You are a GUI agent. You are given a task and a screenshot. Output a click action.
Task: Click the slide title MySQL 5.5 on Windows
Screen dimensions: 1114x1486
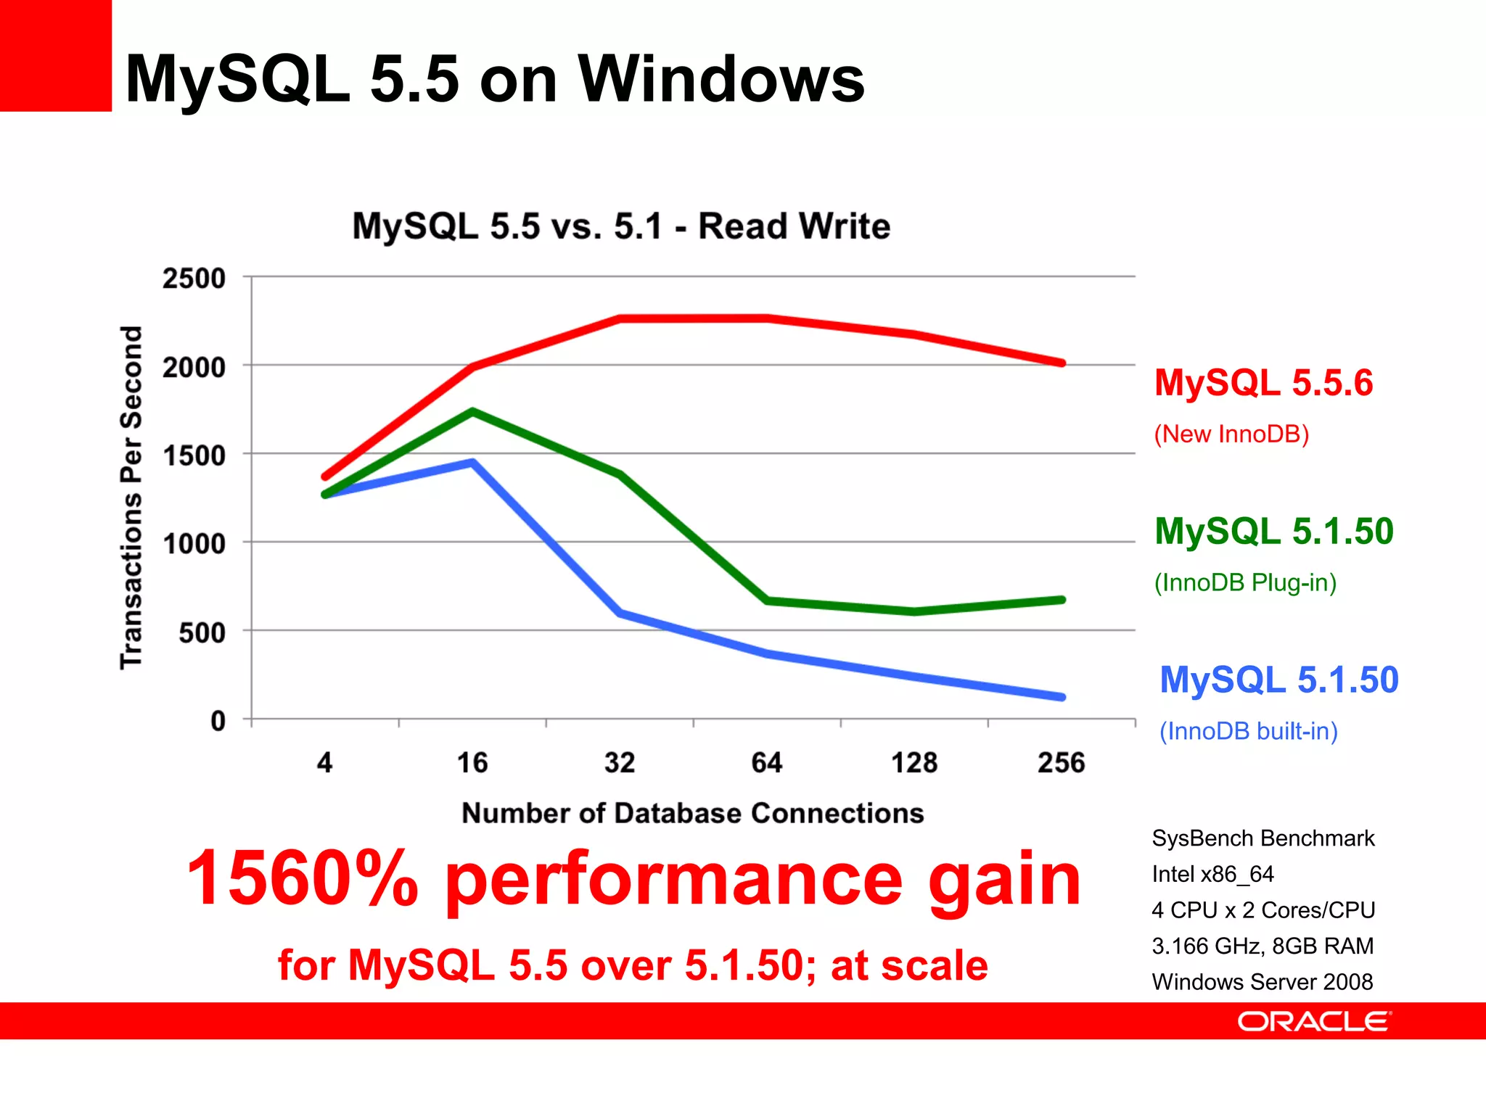[495, 80]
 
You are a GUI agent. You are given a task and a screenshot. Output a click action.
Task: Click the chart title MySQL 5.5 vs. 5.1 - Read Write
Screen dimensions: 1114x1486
[621, 226]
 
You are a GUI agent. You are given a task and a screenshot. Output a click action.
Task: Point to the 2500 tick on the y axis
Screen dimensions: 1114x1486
[194, 278]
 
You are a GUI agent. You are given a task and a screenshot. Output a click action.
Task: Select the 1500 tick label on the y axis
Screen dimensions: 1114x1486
[194, 456]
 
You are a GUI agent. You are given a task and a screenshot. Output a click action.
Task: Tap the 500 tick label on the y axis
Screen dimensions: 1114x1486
[202, 633]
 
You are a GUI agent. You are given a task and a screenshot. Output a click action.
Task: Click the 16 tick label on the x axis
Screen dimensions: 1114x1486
[472, 763]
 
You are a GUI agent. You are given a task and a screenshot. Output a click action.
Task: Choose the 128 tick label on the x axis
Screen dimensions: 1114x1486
[914, 763]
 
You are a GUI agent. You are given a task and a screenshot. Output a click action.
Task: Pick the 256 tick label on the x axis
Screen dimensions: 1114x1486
[1061, 763]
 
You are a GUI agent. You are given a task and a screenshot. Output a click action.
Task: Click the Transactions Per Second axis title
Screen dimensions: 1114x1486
[131, 498]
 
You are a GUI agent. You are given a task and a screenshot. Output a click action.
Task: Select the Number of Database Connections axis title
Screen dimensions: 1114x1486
[693, 813]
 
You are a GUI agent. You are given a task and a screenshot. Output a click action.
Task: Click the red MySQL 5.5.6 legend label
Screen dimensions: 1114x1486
[1263, 383]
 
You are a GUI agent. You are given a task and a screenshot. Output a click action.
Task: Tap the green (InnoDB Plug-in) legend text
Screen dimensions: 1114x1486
[1245, 582]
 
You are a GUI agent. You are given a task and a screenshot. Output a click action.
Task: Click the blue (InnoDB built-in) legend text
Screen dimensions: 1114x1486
[1248, 731]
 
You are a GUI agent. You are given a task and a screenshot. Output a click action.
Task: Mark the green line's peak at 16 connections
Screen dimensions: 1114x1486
[472, 412]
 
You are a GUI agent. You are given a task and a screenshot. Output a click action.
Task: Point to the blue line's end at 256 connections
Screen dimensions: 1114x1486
[1062, 697]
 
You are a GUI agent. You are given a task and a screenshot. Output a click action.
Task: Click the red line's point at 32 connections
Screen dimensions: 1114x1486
[620, 318]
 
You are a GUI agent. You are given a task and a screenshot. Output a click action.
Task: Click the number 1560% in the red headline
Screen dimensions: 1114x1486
[303, 879]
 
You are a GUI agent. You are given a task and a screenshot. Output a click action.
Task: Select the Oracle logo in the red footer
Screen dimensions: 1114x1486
[1314, 1021]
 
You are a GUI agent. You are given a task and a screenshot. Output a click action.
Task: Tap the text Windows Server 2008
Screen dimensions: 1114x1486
[1263, 982]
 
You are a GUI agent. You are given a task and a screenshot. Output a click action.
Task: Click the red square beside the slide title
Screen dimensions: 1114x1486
[55, 55]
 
